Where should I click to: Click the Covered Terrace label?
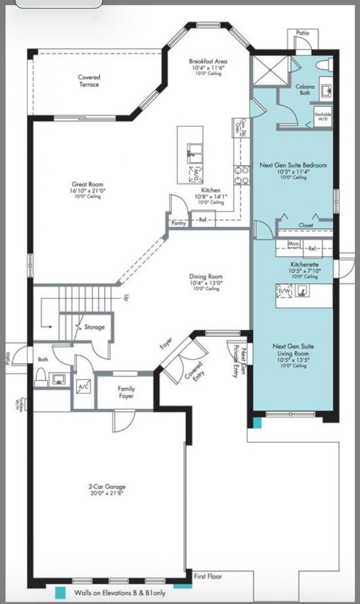pos(89,81)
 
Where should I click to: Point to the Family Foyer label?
pos(126,392)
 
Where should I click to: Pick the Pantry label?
pos(179,223)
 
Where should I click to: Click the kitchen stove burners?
pos(241,176)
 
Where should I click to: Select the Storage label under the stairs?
pos(94,327)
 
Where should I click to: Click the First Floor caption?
pos(207,576)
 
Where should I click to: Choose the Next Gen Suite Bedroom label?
pos(293,165)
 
